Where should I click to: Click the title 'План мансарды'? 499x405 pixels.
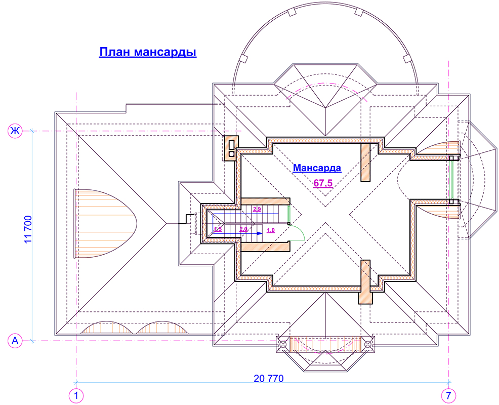[148, 52]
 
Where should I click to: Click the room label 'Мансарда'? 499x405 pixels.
[317, 168]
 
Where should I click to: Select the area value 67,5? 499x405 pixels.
[323, 183]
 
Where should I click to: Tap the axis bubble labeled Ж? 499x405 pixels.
[15, 131]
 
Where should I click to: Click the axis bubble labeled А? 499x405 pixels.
[15, 341]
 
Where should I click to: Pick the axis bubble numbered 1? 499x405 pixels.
[76, 396]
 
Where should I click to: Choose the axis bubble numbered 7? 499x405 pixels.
[449, 396]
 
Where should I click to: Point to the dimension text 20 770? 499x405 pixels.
[269, 378]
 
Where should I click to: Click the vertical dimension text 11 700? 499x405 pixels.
[28, 229]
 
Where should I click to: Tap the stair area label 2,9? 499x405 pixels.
[257, 210]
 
